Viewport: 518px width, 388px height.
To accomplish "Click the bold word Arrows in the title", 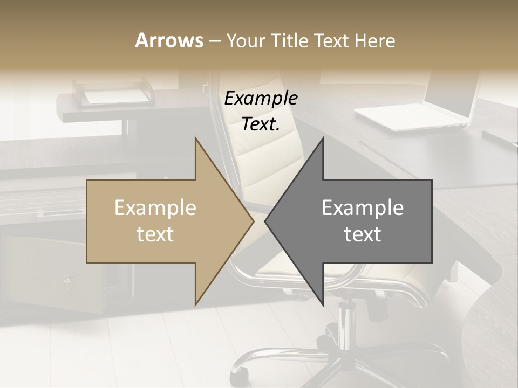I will pos(169,40).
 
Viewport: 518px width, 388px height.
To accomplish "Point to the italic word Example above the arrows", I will pos(261,99).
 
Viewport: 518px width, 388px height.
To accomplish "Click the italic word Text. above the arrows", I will pos(261,124).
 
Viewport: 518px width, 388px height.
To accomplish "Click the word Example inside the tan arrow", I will pos(155,208).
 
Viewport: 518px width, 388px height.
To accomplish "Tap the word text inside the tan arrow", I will pos(155,234).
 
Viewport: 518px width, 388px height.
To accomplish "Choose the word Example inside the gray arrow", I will pos(363,208).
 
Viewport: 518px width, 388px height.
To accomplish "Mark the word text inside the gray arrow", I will pos(363,234).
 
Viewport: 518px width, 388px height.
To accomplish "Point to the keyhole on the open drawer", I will pos(67,281).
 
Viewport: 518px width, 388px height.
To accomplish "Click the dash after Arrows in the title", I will pos(214,41).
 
